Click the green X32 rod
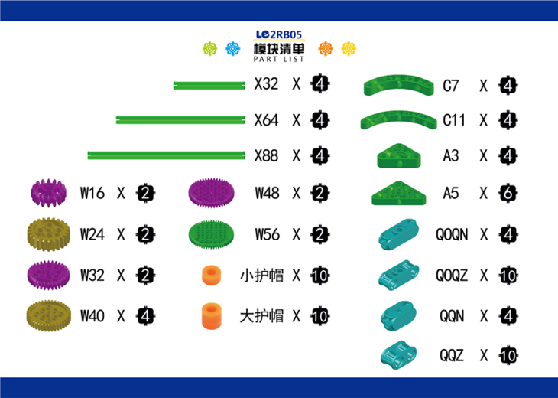206,85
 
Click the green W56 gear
212,233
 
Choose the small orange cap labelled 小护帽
209,275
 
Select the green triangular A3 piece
398,156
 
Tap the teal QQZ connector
398,354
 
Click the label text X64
266,120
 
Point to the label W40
92,315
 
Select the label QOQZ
452,275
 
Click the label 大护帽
261,315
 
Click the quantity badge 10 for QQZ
508,355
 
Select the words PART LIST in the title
278,59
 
